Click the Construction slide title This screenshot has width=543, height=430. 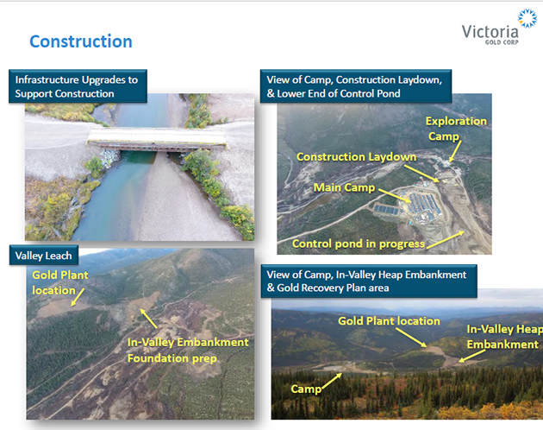pos(81,41)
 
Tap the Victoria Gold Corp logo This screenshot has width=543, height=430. pos(499,28)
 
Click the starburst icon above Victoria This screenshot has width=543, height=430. pos(527,18)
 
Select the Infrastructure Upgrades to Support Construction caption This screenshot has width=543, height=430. pos(78,86)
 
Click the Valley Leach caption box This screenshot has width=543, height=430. pos(44,256)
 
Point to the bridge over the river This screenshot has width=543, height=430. pos(157,140)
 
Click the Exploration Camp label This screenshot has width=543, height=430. pos(456,129)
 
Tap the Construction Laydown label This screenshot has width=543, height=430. pos(356,157)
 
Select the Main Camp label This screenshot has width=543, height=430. pos(344,187)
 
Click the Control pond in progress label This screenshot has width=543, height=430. pos(358,244)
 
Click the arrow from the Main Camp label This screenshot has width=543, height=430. pos(395,195)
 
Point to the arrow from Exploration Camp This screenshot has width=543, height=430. pos(455,151)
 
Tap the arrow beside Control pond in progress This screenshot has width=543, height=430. pos(446,240)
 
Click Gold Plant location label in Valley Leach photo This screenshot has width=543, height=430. pos(60,282)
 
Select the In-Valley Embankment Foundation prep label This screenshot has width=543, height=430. pos(188,351)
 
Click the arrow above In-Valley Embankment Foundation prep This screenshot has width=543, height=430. pos(148,319)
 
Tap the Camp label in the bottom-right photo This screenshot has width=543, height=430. pos(306,389)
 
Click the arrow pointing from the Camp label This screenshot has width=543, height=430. pos(332,381)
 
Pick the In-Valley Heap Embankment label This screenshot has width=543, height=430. pos(504,337)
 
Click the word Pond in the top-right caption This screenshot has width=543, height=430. pos(389,94)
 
